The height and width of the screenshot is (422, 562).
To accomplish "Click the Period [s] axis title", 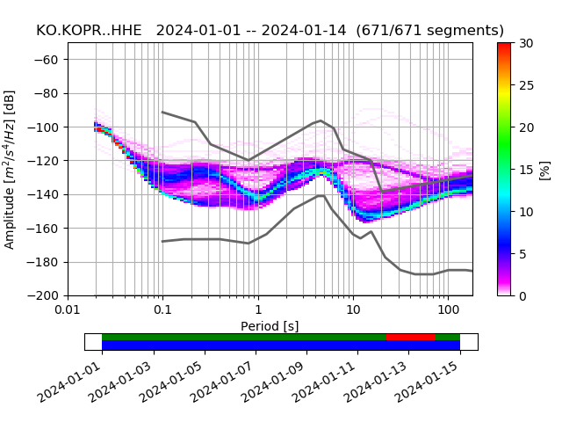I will (x=270, y=326).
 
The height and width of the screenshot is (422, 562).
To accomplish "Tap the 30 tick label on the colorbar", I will (x=526, y=43).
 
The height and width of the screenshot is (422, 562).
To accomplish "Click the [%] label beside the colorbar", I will (x=544, y=169).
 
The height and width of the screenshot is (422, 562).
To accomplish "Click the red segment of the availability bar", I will (x=410, y=337).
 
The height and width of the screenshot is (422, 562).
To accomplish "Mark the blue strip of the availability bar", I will (x=281, y=346).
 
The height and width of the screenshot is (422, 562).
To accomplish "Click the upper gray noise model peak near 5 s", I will (x=321, y=120).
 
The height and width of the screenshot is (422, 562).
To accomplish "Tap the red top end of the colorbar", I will (x=503, y=46).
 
